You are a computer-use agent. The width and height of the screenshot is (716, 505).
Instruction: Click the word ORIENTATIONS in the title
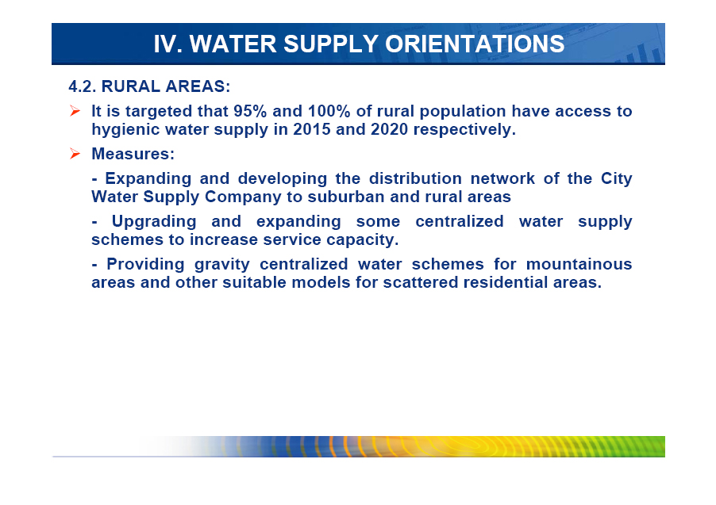coord(475,44)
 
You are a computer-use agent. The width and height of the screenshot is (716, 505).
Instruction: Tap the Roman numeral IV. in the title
coord(168,44)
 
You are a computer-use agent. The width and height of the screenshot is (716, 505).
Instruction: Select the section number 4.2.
coord(83,86)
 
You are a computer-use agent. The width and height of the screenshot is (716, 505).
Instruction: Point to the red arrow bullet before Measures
coord(75,154)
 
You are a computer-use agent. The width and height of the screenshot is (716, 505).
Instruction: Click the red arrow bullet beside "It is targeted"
coord(75,111)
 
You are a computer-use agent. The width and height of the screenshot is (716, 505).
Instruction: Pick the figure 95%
coord(250,111)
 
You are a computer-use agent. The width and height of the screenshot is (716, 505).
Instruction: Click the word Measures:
coord(133,154)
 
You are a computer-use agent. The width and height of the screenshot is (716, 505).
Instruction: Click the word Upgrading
coord(154,222)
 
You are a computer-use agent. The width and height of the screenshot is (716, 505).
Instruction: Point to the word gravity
coord(222,265)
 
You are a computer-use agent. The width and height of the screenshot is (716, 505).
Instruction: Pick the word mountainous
coord(579,264)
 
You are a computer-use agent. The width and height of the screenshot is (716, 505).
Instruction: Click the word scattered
coord(421,282)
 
